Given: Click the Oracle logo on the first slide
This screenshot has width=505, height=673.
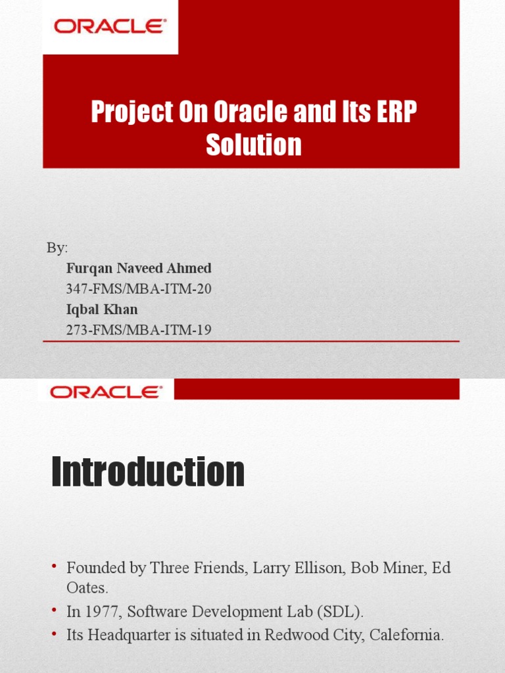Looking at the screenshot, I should [110, 28].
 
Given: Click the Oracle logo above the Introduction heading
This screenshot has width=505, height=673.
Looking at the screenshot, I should [106, 392].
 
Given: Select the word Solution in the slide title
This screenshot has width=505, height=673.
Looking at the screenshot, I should [254, 145].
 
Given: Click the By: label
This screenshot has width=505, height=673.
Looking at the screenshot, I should [57, 248].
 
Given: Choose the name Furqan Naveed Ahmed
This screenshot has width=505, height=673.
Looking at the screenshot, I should [139, 268].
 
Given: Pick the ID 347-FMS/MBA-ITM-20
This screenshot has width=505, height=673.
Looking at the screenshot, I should [139, 289].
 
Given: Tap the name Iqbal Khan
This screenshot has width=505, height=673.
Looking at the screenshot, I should [102, 309].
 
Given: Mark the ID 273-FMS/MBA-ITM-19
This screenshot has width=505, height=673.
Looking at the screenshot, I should [139, 330].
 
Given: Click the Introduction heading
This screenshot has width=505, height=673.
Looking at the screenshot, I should [148, 472].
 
